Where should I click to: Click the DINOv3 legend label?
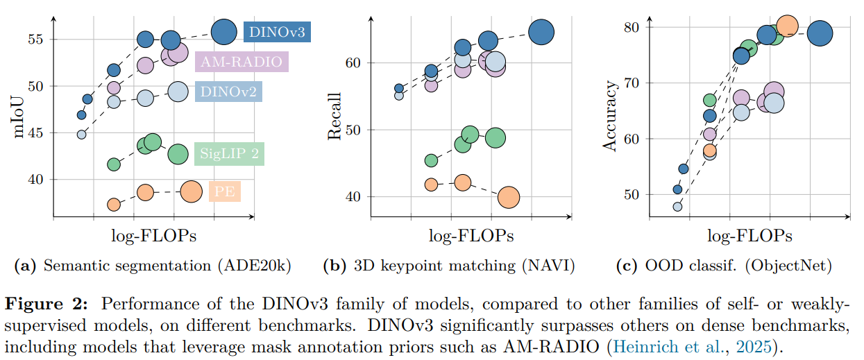(x=277, y=32)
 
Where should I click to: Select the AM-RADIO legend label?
(x=242, y=62)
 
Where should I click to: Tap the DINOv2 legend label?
(x=228, y=92)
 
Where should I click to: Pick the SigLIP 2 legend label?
(x=229, y=154)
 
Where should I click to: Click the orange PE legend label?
(x=225, y=191)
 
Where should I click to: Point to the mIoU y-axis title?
(x=19, y=117)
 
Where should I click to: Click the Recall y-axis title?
(x=334, y=117)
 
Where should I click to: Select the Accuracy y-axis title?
(x=609, y=116)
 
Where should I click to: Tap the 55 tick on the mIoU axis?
(x=35, y=40)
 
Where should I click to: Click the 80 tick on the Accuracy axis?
(x=632, y=27)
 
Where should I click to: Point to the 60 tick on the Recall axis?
(x=353, y=62)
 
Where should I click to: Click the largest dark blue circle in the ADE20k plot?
(x=224, y=32)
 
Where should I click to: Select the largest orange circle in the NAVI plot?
(x=509, y=198)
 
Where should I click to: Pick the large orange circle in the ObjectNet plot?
(x=787, y=26)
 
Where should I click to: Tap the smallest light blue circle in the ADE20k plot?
(x=81, y=135)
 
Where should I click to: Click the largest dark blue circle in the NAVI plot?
(x=541, y=32)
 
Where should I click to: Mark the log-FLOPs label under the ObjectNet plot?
(x=749, y=236)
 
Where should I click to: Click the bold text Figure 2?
(x=46, y=304)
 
